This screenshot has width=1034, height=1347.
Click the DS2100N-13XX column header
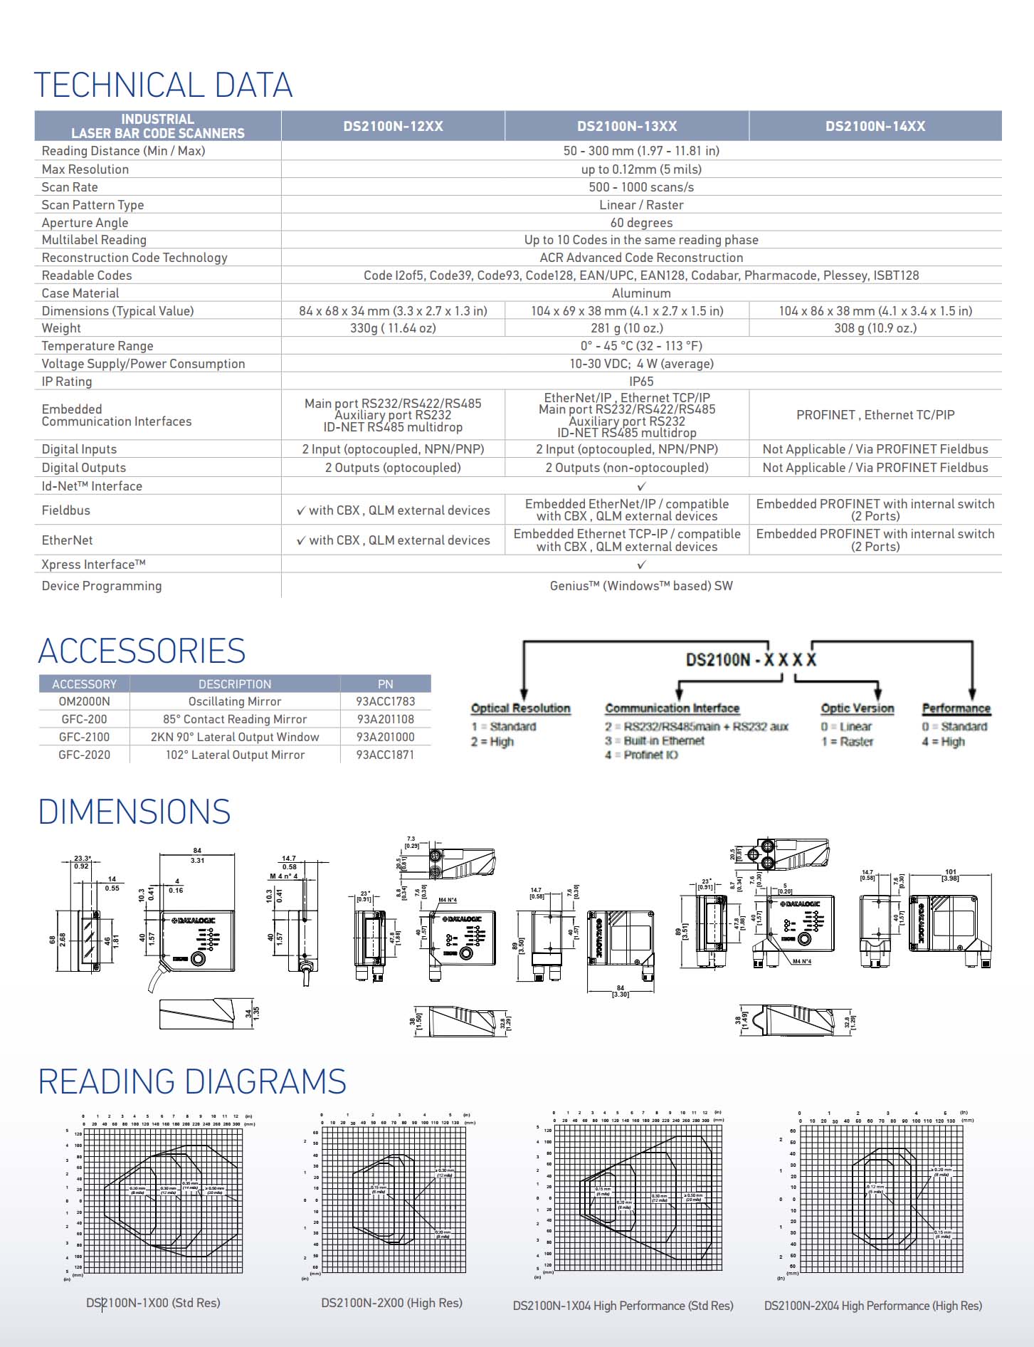[x=626, y=126]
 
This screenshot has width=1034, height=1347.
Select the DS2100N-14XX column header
[x=875, y=126]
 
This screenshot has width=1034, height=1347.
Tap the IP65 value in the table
[x=640, y=382]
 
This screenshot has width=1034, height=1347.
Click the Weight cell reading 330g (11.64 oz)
[x=393, y=328]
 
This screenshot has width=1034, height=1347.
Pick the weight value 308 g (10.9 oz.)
[x=875, y=328]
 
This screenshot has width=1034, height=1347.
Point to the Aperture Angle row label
[x=85, y=223]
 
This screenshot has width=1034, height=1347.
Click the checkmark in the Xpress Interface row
[x=641, y=565]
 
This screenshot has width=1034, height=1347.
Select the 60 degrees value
[x=640, y=223]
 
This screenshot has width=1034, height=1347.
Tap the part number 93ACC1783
[x=385, y=701]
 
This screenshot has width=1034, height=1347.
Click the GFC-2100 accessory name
[x=84, y=737]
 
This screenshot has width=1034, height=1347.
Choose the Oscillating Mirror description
[x=235, y=701]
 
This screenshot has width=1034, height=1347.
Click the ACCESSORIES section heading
[x=142, y=651]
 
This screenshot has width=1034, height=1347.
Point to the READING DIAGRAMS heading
[x=192, y=1081]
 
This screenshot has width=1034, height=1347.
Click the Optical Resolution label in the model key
[x=520, y=708]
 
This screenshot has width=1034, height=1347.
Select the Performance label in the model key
[x=956, y=708]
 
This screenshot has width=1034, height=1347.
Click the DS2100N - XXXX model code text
[x=751, y=660]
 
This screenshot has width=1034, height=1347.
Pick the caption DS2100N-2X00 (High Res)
[x=391, y=1302]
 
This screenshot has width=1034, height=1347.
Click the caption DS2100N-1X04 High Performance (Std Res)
[x=623, y=1305]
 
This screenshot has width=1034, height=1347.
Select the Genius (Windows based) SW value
[x=640, y=586]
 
